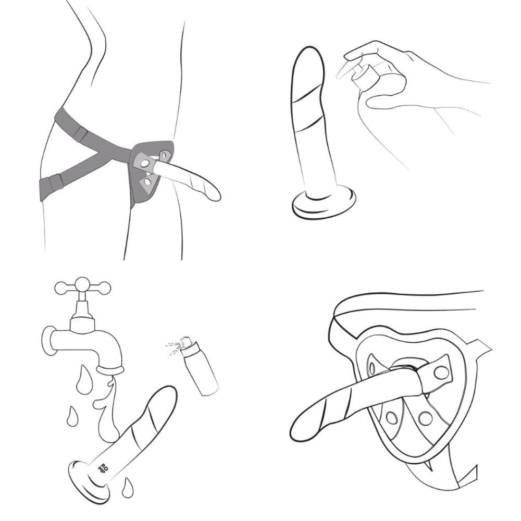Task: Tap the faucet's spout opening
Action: (x=110, y=369)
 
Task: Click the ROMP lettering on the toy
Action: (x=101, y=469)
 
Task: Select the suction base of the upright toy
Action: (x=324, y=203)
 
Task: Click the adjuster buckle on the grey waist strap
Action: (x=81, y=133)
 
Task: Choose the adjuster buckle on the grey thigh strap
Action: (x=56, y=181)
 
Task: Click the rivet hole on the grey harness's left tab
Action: (x=145, y=163)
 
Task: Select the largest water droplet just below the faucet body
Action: (x=82, y=381)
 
